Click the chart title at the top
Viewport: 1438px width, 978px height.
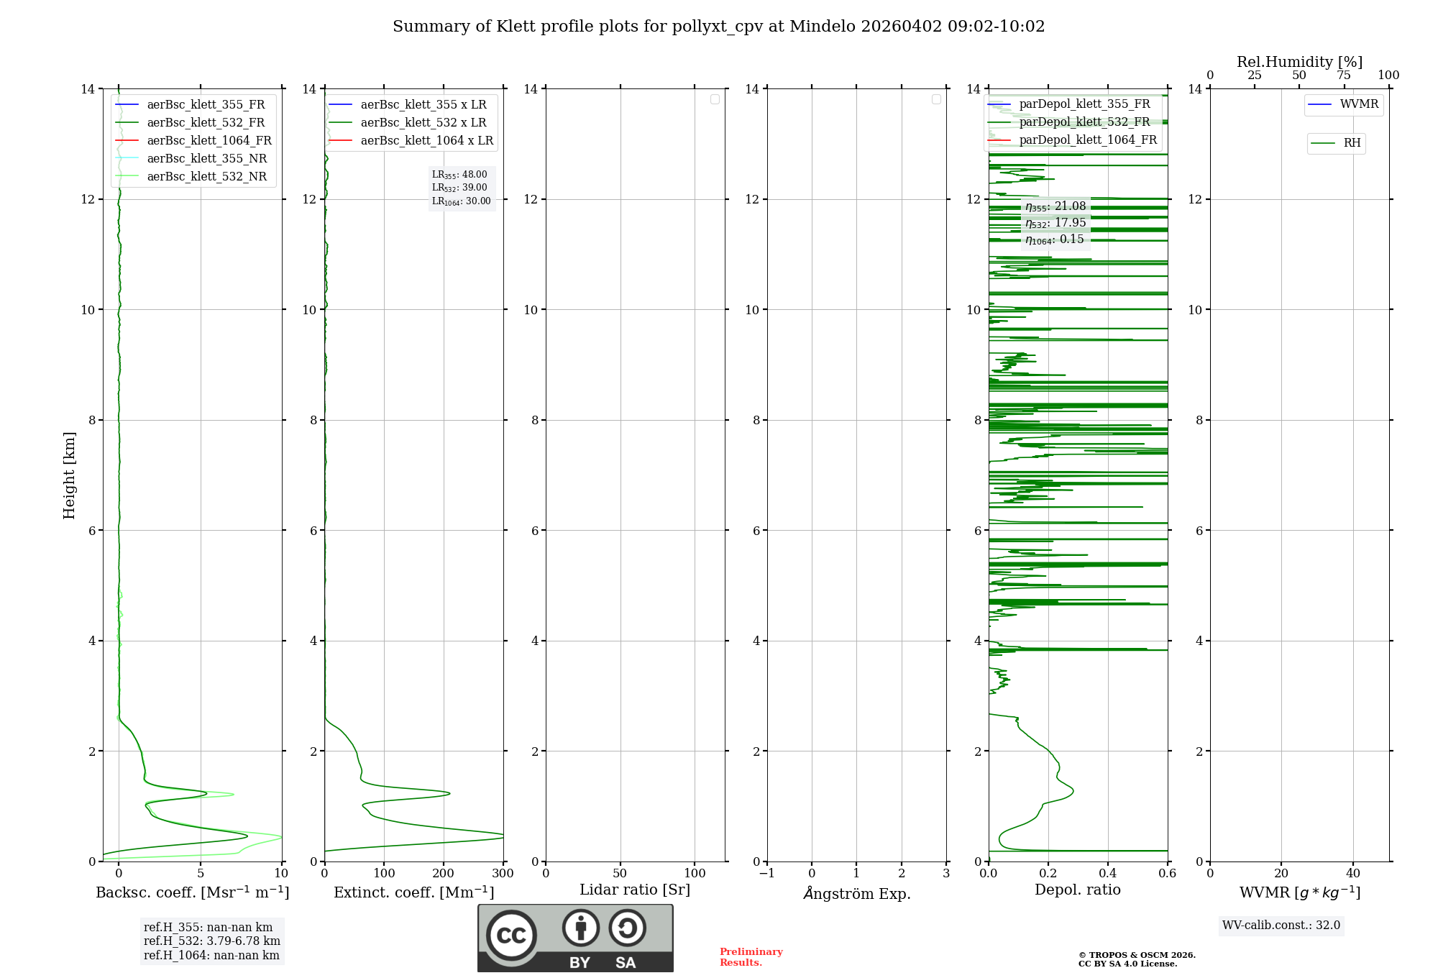click(x=718, y=27)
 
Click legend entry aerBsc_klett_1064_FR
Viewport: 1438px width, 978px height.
click(x=209, y=141)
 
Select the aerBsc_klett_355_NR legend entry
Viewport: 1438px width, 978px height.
click(x=206, y=159)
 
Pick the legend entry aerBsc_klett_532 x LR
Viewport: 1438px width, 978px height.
click(x=423, y=123)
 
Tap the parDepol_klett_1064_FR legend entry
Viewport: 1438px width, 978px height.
click(x=1087, y=140)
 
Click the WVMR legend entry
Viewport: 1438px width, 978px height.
click(x=1358, y=104)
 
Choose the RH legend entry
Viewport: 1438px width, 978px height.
click(x=1351, y=143)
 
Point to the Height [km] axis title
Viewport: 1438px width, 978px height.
click(x=69, y=475)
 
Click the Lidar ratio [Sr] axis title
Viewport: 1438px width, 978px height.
click(x=635, y=890)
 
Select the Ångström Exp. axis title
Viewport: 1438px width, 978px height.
click(x=857, y=894)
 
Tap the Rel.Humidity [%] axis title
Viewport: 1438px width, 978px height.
click(x=1299, y=62)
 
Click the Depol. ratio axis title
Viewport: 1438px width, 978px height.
click(x=1077, y=890)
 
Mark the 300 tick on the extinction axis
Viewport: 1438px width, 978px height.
click(x=503, y=874)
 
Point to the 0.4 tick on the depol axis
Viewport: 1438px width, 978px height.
click(x=1107, y=874)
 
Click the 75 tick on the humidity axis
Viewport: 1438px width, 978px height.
click(x=1343, y=76)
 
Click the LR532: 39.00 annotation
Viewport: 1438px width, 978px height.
click(x=459, y=188)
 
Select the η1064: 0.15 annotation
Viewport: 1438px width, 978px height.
click(x=1054, y=239)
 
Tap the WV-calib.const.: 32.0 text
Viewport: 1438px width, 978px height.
click(x=1281, y=926)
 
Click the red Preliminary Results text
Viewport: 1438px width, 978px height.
click(x=751, y=957)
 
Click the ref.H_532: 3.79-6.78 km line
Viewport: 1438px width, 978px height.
click(x=211, y=941)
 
